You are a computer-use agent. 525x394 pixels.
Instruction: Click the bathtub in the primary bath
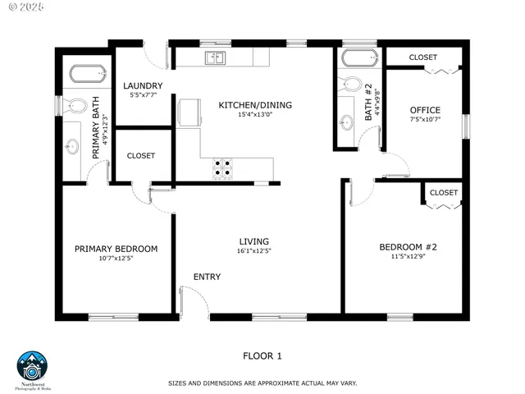click(x=87, y=74)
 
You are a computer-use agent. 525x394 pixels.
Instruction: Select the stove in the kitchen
click(x=223, y=167)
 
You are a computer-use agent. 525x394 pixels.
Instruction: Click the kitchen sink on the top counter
click(x=216, y=57)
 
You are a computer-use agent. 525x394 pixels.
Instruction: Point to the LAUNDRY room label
click(x=143, y=86)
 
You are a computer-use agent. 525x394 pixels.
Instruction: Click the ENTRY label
click(x=207, y=277)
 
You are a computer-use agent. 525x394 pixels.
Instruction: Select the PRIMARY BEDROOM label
click(x=116, y=249)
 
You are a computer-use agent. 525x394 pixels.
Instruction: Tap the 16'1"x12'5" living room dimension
click(x=254, y=251)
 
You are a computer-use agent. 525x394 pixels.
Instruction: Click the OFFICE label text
click(x=425, y=110)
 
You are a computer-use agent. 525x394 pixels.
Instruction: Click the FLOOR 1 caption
click(x=262, y=355)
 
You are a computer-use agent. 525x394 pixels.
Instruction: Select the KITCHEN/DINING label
click(x=254, y=105)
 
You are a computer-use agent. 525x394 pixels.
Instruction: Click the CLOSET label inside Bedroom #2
click(x=443, y=192)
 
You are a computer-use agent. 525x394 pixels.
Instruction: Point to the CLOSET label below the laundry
click(x=141, y=156)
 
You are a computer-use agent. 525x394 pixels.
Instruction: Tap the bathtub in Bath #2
click(x=358, y=57)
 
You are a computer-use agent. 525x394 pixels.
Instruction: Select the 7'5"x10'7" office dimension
click(x=425, y=120)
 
